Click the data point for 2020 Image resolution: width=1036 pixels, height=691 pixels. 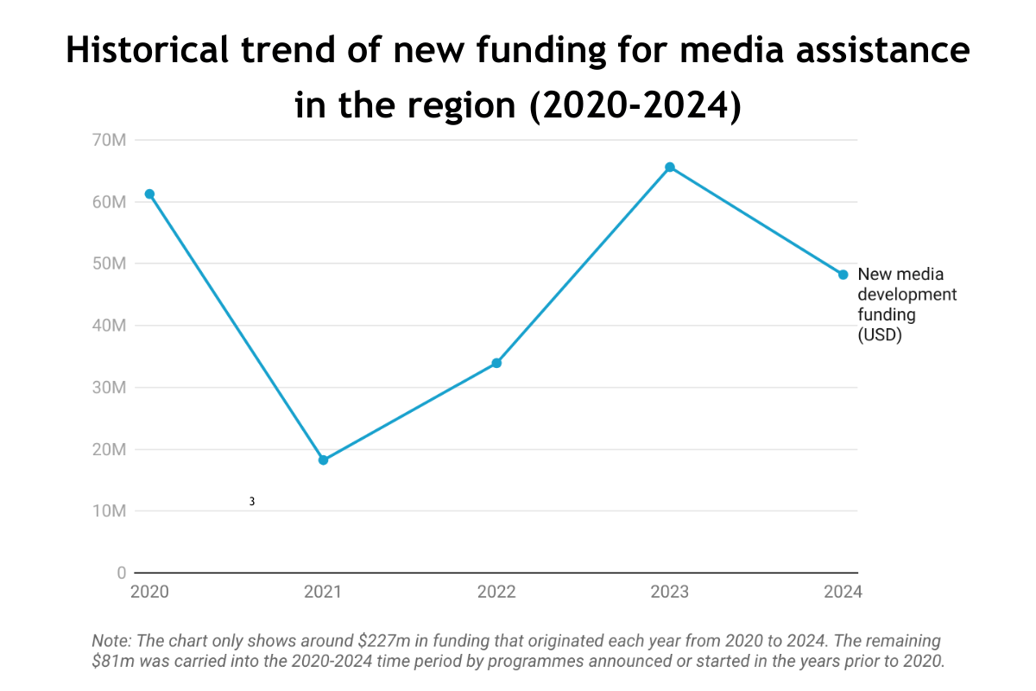[x=149, y=194]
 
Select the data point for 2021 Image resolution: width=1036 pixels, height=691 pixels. [x=323, y=460]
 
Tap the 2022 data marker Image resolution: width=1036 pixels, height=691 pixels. [x=496, y=363]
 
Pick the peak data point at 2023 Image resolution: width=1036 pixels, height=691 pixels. [x=670, y=167]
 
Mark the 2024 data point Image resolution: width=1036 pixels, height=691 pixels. [x=843, y=275]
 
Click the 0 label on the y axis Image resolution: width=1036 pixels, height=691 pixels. [x=122, y=574]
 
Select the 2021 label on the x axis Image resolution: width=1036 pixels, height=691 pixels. [x=323, y=593]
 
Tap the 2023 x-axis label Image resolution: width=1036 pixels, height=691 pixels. [x=670, y=593]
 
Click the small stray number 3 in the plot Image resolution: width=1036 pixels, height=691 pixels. [x=252, y=502]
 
